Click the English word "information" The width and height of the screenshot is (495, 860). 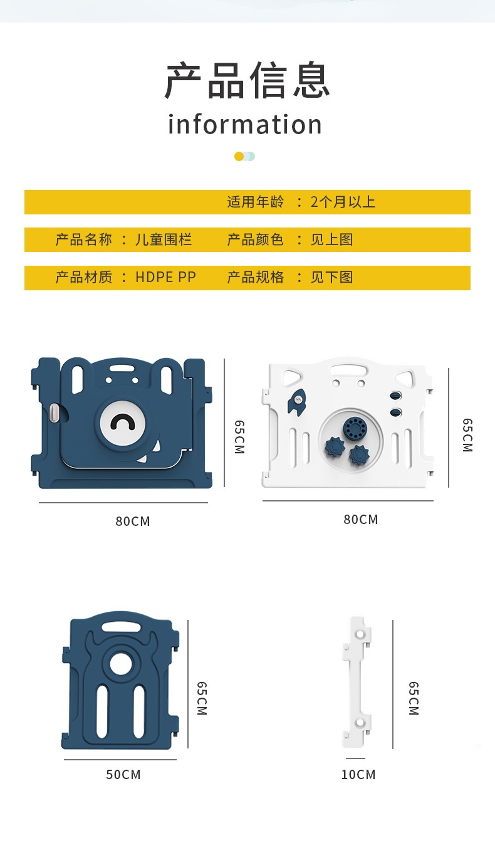coord(245,124)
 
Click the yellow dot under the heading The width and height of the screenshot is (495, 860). coord(239,156)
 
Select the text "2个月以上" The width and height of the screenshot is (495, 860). coord(343,202)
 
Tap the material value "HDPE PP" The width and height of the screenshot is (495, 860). coord(166,277)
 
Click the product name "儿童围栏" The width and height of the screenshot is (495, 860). coord(164,239)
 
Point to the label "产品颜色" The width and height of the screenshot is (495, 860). coord(255,239)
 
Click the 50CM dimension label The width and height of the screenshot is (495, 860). coord(123,774)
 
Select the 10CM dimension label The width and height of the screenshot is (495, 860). coord(358,774)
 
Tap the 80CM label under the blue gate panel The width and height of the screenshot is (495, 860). coord(133,522)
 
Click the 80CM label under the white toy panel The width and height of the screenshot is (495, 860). coord(361,520)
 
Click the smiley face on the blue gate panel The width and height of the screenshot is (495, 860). coord(122,422)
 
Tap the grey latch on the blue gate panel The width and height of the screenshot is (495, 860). coord(55,412)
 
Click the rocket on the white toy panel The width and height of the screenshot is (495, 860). coord(298,401)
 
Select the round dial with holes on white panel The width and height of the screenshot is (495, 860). coord(355,428)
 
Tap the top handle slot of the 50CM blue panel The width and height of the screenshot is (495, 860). coord(121,627)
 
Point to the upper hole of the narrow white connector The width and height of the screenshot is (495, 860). coord(360,634)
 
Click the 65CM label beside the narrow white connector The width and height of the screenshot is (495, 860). coord(414,698)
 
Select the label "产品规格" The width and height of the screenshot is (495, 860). coord(255,277)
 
